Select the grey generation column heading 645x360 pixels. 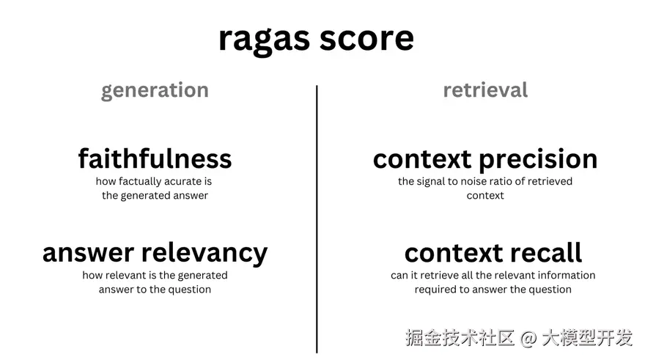point(155,90)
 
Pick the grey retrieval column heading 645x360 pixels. point(485,90)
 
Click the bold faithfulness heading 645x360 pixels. point(155,158)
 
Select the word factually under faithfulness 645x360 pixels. point(135,181)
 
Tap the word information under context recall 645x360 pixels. point(567,276)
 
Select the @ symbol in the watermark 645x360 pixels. point(528,338)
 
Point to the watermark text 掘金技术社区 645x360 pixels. point(460,338)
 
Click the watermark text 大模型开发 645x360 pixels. point(586,338)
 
